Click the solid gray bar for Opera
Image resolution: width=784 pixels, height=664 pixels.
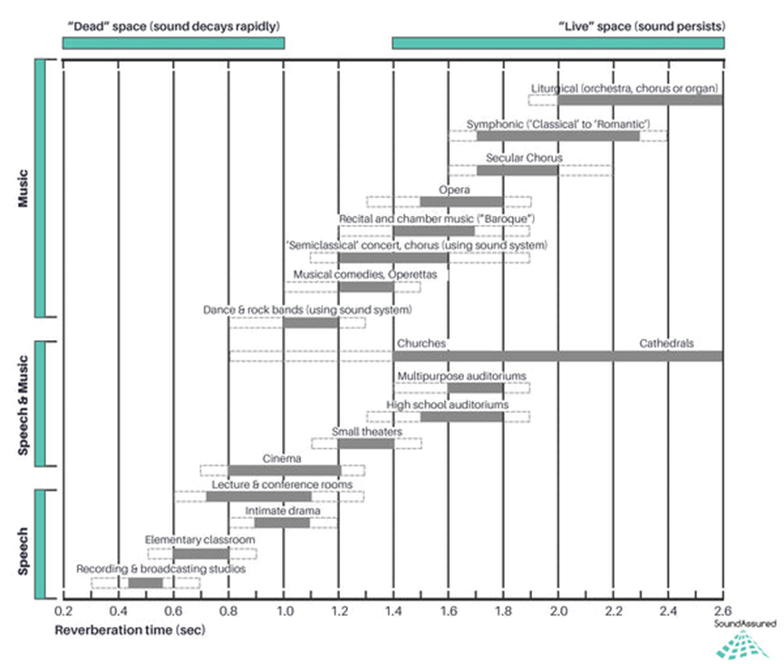tap(460, 201)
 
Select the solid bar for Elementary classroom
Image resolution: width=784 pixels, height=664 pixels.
tap(201, 553)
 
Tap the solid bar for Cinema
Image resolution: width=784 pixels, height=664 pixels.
tap(284, 470)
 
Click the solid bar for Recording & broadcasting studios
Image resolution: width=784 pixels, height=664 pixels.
tap(145, 582)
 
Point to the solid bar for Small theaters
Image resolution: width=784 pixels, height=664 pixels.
tap(366, 443)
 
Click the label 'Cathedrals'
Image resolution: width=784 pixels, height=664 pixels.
tap(666, 344)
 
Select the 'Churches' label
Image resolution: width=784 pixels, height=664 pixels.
tap(421, 344)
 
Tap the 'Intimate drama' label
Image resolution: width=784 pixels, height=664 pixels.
tap(282, 511)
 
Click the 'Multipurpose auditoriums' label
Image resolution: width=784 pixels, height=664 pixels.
tap(461, 376)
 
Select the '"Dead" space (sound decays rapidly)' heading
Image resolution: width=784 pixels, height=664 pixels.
tap(173, 24)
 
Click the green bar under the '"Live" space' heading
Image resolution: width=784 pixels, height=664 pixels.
tap(557, 43)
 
